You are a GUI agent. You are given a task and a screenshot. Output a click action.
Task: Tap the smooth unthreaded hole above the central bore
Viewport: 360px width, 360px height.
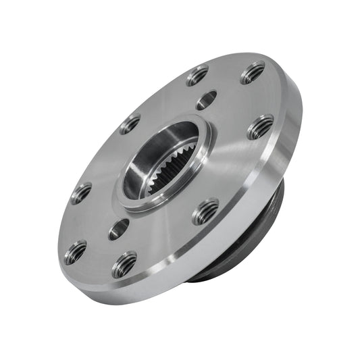click(206, 101)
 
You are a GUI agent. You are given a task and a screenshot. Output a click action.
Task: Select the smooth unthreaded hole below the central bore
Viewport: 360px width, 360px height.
click(118, 228)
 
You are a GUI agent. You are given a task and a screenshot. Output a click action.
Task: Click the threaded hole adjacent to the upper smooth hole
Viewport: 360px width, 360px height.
click(197, 75)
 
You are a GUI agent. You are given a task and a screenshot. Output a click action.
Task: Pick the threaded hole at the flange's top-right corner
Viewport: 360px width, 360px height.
click(253, 72)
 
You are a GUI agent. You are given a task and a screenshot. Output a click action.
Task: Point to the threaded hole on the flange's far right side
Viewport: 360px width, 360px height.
click(260, 126)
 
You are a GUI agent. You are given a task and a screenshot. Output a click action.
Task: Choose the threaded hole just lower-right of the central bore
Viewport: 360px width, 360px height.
click(205, 212)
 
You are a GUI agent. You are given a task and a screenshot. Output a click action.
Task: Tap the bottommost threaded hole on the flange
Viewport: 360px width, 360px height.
click(125, 264)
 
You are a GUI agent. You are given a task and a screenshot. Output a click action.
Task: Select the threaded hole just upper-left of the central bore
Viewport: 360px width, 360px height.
click(130, 124)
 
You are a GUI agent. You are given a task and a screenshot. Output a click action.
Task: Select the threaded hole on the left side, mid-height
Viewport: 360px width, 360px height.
click(81, 193)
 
